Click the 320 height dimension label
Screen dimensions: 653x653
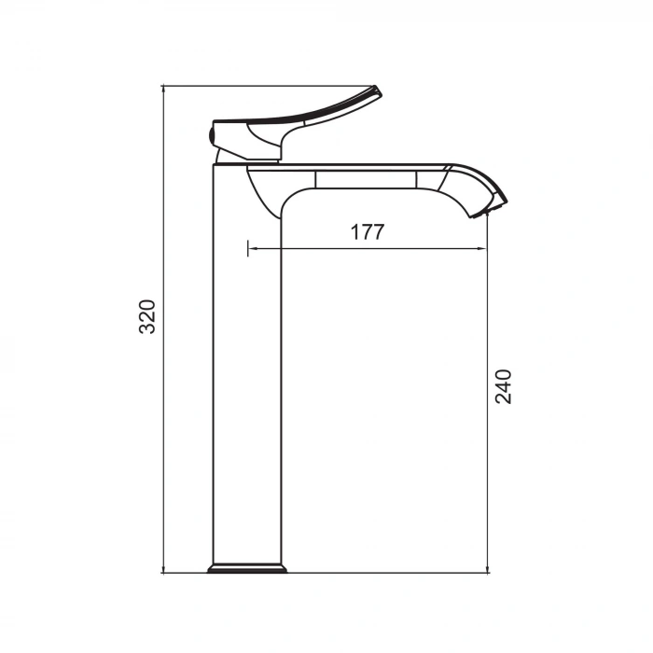point(147,317)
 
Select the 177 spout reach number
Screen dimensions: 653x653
point(367,232)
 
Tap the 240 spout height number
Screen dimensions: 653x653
point(504,385)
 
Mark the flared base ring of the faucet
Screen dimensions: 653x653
point(246,568)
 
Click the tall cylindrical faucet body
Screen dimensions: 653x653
point(247,373)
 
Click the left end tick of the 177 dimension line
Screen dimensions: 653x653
point(247,249)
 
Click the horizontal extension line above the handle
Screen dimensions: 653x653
point(271,86)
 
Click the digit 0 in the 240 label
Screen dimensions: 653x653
point(504,374)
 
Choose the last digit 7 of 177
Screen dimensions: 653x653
point(377,232)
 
